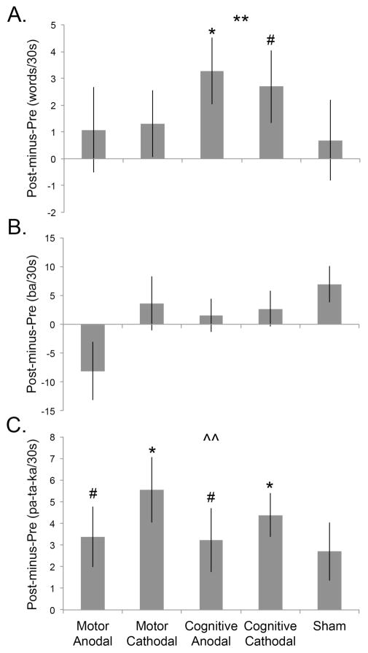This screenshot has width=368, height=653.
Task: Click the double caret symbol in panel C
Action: (211, 438)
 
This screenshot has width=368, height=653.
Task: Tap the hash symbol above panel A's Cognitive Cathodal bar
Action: (270, 39)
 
